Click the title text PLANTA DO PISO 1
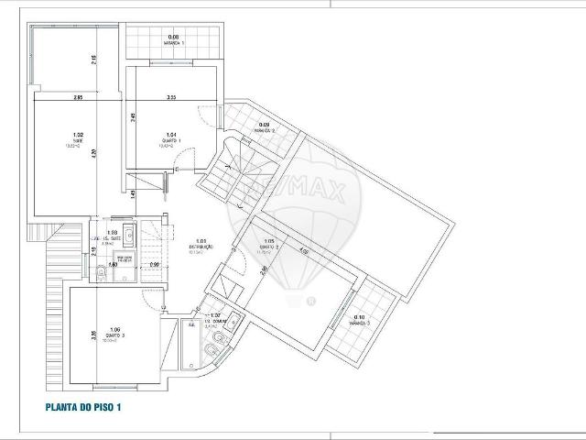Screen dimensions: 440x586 [83, 407]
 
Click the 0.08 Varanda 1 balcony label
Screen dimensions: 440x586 [174, 40]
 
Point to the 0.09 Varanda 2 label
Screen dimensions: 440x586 [264, 127]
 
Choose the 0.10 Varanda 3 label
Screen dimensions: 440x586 [360, 320]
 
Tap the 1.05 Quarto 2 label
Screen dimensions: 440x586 [268, 245]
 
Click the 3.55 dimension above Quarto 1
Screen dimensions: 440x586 [170, 97]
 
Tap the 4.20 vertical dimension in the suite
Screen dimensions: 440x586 [118, 155]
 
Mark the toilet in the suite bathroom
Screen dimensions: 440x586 [100, 273]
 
